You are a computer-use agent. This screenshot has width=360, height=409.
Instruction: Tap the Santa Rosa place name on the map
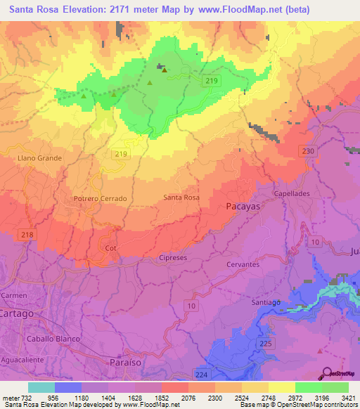pyautogui.click(x=181, y=198)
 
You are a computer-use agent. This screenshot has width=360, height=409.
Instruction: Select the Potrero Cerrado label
pyautogui.click(x=100, y=199)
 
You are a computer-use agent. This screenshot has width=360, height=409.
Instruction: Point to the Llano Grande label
pyautogui.click(x=39, y=158)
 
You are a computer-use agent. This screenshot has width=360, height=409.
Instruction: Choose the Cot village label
pyautogui.click(x=110, y=248)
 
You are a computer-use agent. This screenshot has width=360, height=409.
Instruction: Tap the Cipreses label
pyautogui.click(x=173, y=258)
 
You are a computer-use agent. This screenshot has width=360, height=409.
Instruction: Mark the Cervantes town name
pyautogui.click(x=243, y=265)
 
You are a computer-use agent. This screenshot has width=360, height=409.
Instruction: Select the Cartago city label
pyautogui.click(x=16, y=314)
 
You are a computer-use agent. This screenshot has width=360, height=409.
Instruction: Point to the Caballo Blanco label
pyautogui.click(x=50, y=339)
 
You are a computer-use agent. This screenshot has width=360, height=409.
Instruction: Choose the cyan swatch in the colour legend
pyautogui.click(x=41, y=387)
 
